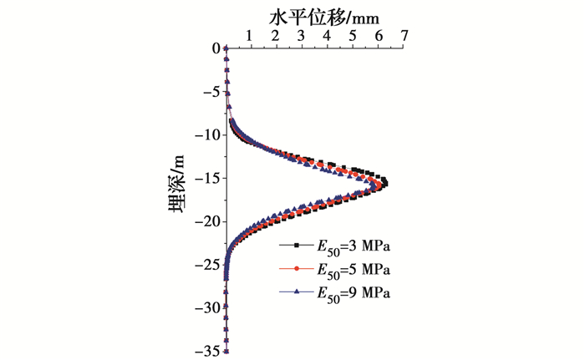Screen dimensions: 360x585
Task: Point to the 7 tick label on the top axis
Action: pos(405,36)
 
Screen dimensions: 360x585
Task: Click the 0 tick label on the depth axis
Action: pos(215,48)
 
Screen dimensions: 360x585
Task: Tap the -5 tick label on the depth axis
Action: pos(210,92)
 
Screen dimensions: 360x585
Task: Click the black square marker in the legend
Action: pos(297,246)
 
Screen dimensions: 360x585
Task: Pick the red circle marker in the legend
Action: pos(297,269)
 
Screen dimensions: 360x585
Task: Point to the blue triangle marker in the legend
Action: pos(297,292)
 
